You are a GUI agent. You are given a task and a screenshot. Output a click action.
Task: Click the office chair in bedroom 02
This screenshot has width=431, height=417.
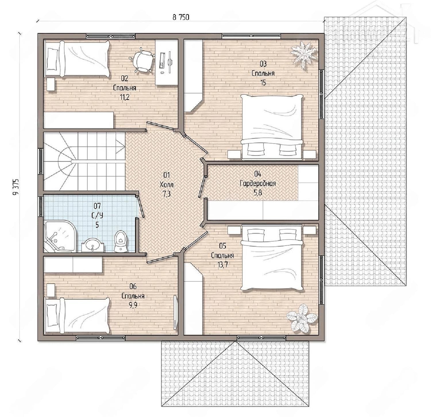tap(142, 60)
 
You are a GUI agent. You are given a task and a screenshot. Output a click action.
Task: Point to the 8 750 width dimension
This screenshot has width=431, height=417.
tap(181, 17)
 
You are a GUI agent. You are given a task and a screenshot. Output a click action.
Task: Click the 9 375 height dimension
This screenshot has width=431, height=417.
tap(16, 187)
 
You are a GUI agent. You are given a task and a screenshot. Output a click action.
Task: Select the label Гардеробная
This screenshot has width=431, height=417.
tap(258, 183)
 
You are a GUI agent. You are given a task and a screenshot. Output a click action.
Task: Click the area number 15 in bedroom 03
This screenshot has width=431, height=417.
tap(263, 83)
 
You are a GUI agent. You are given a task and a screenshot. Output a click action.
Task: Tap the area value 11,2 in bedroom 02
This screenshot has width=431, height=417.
tap(124, 97)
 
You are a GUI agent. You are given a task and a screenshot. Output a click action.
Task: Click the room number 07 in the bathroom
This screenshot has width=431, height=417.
tap(97, 206)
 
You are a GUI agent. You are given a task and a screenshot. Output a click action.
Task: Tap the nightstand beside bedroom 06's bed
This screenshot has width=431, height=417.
tap(51, 290)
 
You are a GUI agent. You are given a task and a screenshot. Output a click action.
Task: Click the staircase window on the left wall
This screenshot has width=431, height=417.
tap(41, 161)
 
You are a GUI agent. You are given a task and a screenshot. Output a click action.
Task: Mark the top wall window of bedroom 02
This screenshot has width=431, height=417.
tap(111, 36)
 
